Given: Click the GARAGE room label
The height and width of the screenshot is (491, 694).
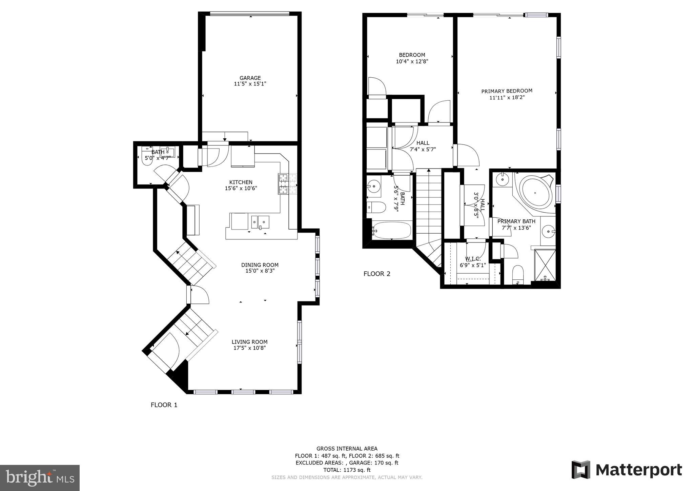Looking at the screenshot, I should click(x=250, y=78).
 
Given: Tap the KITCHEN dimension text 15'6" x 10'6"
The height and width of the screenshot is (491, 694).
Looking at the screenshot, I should click(x=241, y=188).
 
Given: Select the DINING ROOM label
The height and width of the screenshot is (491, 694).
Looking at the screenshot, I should click(x=260, y=265).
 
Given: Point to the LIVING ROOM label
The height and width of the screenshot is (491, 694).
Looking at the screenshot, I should click(x=249, y=342).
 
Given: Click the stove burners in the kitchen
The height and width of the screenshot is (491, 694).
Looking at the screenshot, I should click(x=287, y=184).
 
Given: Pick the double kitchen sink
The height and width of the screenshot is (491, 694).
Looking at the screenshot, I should click(x=260, y=222).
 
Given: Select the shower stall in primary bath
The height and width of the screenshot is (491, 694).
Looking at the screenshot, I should click(x=545, y=266).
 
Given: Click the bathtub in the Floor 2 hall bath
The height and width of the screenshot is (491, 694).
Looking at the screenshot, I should click(x=392, y=231).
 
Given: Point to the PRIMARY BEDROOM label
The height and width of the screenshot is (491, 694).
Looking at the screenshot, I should click(x=507, y=91).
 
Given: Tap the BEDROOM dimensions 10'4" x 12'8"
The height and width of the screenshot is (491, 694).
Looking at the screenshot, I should click(x=412, y=61).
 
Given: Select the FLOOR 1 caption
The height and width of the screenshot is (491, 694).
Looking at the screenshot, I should click(x=164, y=405).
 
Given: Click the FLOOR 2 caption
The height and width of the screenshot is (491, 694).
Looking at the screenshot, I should click(x=377, y=274).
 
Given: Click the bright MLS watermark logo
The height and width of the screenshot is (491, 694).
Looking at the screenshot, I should click(x=40, y=478).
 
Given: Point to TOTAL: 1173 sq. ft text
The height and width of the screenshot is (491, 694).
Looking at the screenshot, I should click(x=347, y=470).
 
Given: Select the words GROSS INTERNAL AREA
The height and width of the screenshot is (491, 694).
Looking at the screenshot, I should click(x=347, y=449).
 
